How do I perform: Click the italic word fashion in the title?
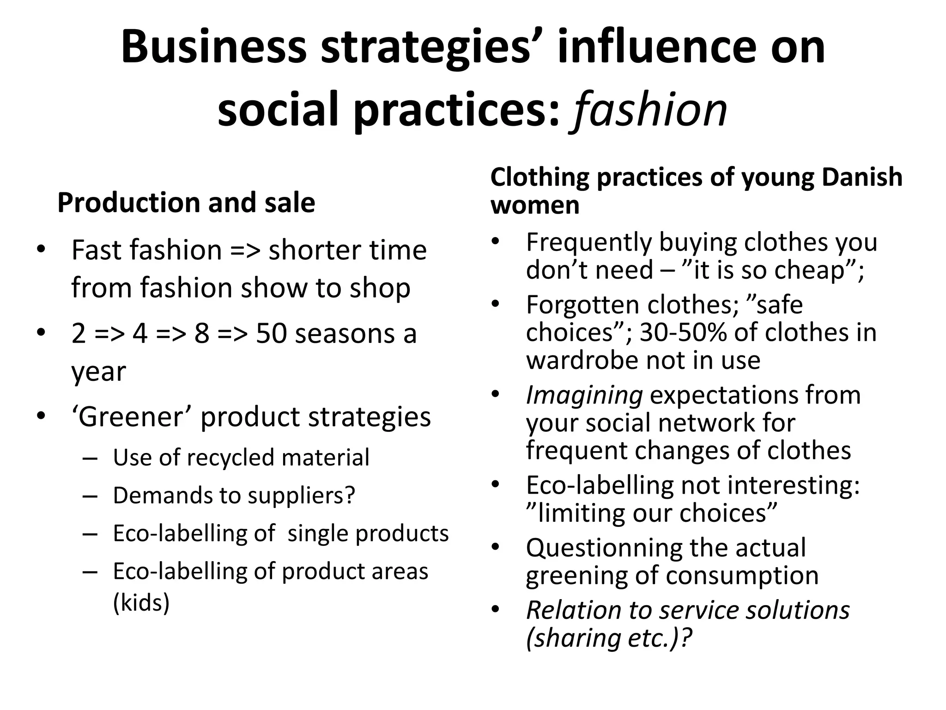pyautogui.click(x=650, y=110)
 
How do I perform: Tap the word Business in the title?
pyautogui.click(x=214, y=47)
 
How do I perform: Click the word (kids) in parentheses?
pyautogui.click(x=141, y=602)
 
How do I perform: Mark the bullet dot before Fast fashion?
pyautogui.click(x=41, y=250)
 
